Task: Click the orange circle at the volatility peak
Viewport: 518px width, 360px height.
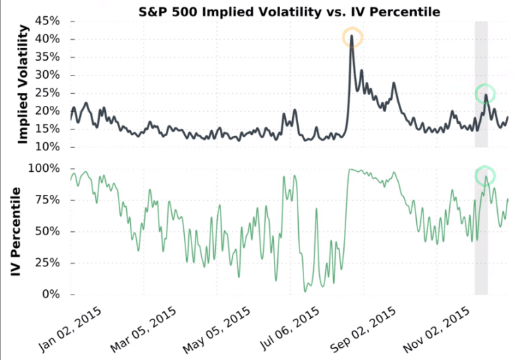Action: (352, 38)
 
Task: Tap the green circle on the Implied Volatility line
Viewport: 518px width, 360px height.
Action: (485, 94)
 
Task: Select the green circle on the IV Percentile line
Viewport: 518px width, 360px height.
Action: (485, 176)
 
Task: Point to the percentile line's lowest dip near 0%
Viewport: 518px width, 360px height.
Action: (306, 291)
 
